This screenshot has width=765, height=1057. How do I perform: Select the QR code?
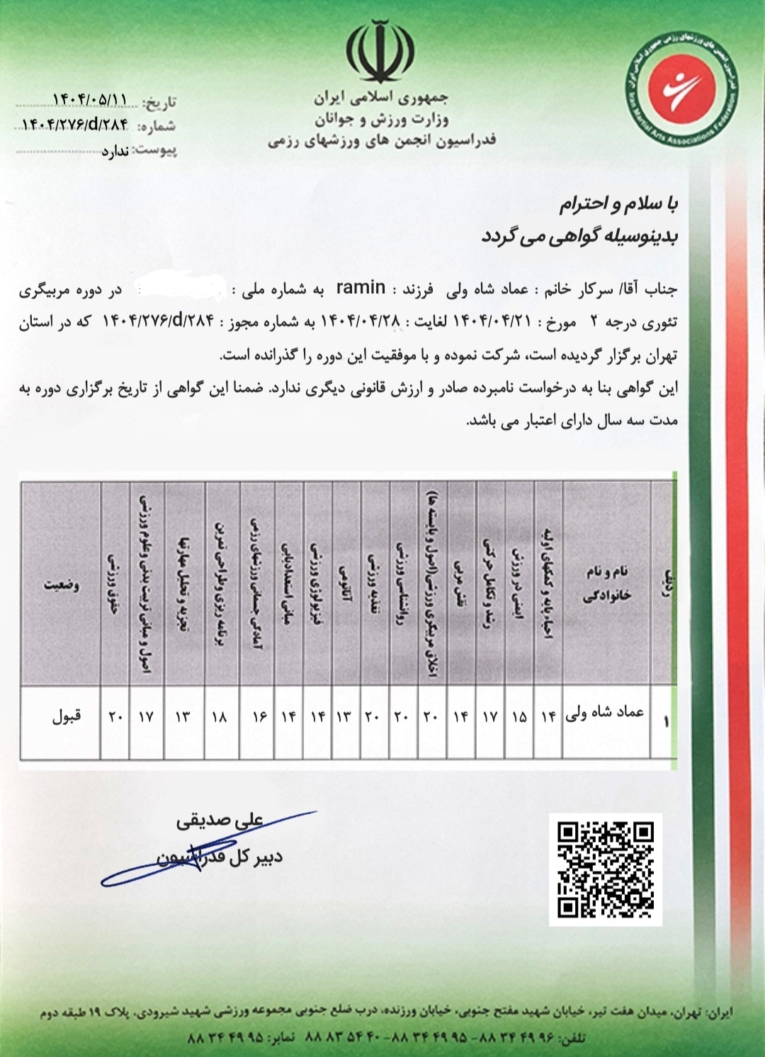click(606, 869)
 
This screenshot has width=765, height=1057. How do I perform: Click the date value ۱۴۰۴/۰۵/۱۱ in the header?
click(90, 98)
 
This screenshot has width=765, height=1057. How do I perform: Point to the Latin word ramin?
click(361, 287)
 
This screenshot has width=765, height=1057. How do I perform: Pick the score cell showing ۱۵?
click(519, 716)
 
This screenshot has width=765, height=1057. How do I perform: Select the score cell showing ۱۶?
click(259, 716)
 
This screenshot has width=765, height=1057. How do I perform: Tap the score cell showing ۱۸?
click(220, 716)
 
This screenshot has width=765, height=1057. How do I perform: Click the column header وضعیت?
click(62, 585)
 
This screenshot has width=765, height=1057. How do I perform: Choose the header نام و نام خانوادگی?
click(606, 584)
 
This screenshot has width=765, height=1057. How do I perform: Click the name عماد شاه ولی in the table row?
click(605, 713)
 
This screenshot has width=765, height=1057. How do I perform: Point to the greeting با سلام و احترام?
click(618, 205)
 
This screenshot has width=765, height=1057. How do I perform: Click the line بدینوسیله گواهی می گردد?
click(579, 236)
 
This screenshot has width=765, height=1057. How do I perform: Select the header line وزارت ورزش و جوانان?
click(382, 118)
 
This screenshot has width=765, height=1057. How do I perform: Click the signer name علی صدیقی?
click(220, 821)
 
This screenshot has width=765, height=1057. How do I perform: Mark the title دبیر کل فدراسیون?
click(220, 857)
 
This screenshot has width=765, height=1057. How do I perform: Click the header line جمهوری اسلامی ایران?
click(382, 98)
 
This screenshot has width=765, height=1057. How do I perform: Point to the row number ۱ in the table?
click(665, 721)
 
